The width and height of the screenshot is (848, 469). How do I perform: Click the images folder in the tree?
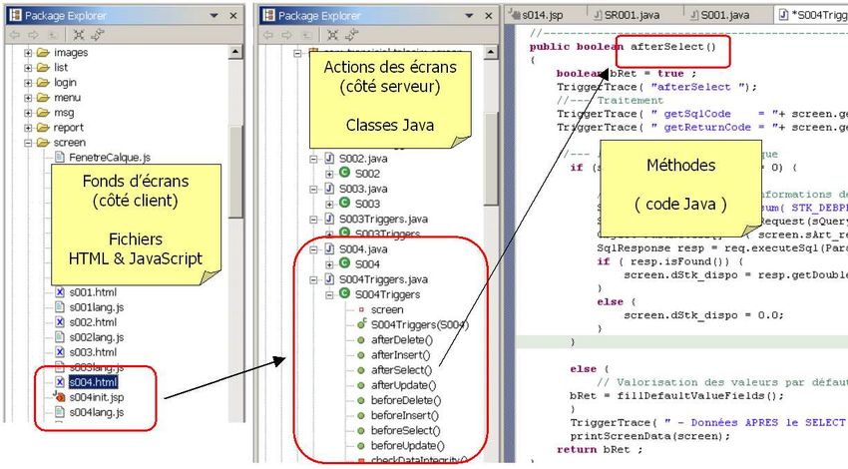pyautogui.click(x=71, y=52)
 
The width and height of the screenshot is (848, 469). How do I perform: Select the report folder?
pyautogui.click(x=68, y=128)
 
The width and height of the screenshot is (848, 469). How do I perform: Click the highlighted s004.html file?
pyautogui.click(x=93, y=382)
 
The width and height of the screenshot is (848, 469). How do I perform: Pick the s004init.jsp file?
pyautogui.click(x=96, y=397)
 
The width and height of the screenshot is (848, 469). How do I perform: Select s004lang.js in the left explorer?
pyautogui.click(x=96, y=412)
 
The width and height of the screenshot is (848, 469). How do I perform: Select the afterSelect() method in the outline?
pyautogui.click(x=401, y=369)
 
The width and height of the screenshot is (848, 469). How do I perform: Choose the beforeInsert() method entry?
pyautogui.click(x=404, y=414)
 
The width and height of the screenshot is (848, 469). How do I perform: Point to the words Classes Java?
pyautogui.click(x=389, y=126)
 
